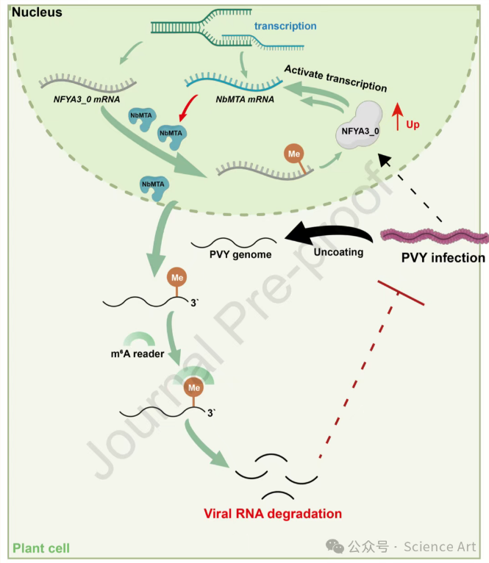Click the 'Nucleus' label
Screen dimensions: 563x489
pos(37,12)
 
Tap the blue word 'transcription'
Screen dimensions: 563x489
pos(285,26)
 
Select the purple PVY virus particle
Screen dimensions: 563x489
pos(435,237)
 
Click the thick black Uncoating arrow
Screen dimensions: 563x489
pos(331,234)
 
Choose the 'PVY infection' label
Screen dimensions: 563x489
pos(443,258)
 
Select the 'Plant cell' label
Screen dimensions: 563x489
pos(41,548)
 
